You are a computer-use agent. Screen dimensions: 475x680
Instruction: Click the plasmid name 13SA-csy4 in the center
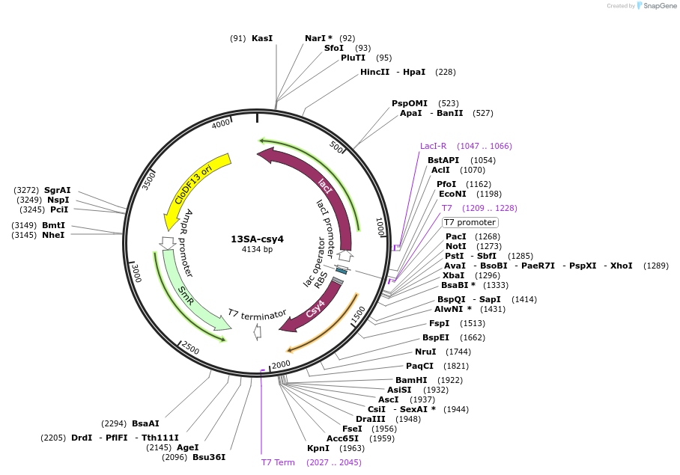tap(257, 239)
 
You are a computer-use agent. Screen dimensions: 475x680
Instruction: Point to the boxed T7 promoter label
tap(470, 222)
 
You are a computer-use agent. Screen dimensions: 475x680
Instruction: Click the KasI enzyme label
tap(262, 38)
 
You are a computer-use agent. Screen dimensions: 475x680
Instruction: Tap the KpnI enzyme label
tap(318, 448)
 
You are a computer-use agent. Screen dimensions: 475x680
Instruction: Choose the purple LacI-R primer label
tap(433, 146)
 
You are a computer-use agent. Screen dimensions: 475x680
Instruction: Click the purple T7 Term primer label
tap(278, 462)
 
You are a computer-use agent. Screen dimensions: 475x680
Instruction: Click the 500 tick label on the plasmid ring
tap(336, 148)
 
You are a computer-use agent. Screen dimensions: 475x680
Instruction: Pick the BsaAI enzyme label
tap(145, 423)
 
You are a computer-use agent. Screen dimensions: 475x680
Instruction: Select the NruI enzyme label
tap(425, 352)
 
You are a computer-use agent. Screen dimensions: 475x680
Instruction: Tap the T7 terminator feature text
tap(258, 314)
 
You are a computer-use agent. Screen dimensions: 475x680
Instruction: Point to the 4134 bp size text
tap(257, 250)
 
